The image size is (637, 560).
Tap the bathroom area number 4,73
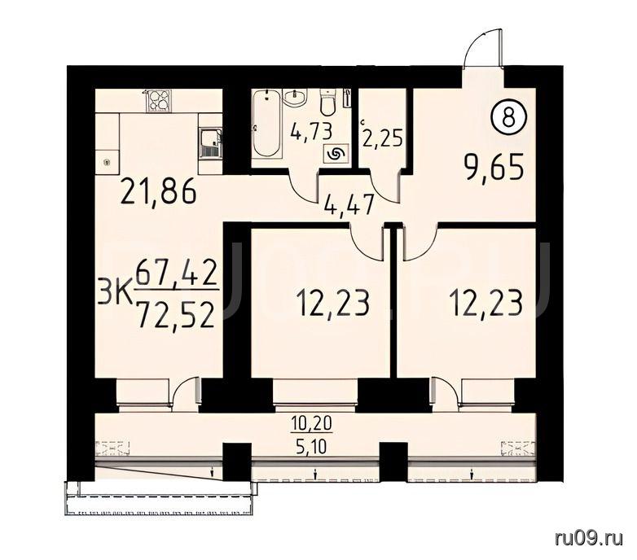pos(311,132)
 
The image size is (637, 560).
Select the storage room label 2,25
pos(383,138)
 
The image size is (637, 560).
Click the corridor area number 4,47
pos(349,205)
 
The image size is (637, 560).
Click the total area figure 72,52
pos(175,316)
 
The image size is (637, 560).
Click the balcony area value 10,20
pos(313,423)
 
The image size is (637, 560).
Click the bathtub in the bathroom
pos(266,125)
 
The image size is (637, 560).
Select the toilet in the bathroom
pos(327,103)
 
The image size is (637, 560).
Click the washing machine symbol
pos(336,154)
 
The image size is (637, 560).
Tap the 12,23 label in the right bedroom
pos(485,304)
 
